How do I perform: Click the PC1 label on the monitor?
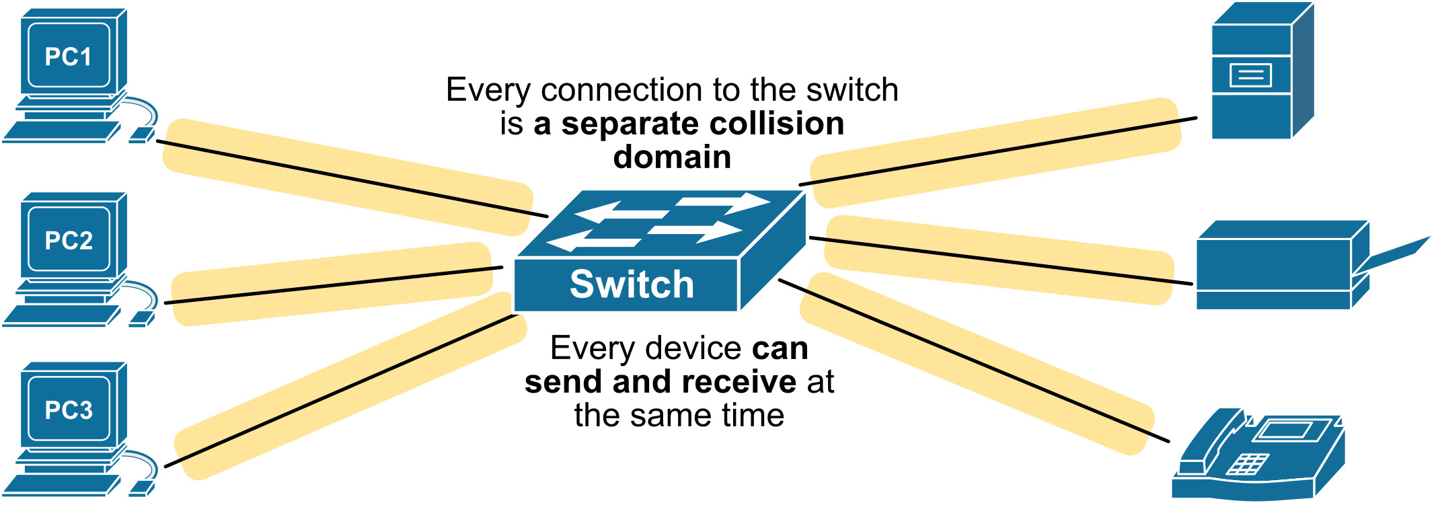(x=68, y=57)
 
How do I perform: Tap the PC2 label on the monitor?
(x=69, y=241)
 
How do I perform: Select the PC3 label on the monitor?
(x=69, y=410)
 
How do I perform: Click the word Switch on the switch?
(x=632, y=284)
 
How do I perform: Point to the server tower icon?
(x=1258, y=74)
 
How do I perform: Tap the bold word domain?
(x=672, y=157)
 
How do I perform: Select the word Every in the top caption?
(x=488, y=91)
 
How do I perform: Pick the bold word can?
(x=780, y=348)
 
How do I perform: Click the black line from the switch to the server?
(x=995, y=152)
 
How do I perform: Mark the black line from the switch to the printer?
(x=1002, y=261)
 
